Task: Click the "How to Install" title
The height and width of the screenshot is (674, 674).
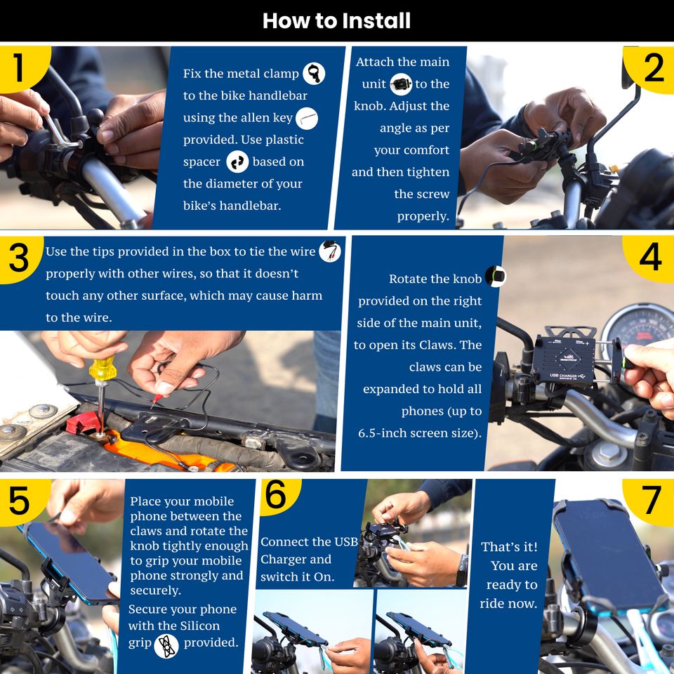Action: [336, 20]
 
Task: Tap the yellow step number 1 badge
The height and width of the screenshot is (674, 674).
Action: [22, 67]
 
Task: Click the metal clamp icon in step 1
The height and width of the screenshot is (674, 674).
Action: [314, 73]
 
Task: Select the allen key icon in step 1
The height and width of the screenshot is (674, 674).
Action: [307, 118]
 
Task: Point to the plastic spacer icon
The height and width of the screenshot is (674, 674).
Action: [237, 161]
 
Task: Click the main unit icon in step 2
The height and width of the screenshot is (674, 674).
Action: [401, 84]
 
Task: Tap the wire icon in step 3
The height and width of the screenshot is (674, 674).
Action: [330, 251]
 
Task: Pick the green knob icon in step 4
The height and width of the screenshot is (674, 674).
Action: [496, 276]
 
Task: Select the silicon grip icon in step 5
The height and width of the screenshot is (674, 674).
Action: [166, 646]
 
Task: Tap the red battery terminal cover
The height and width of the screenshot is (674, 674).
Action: [83, 423]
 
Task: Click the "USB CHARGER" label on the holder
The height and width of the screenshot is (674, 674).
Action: [563, 376]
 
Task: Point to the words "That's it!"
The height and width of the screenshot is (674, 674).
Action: [510, 547]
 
